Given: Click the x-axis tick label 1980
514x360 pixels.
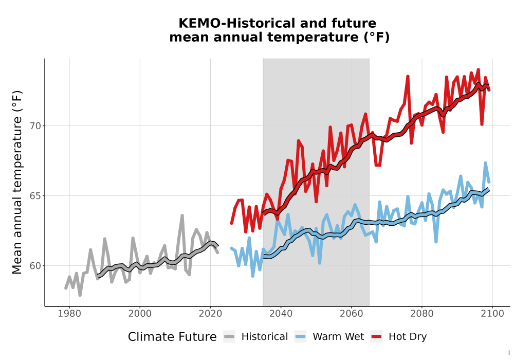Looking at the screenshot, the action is pos(69,314).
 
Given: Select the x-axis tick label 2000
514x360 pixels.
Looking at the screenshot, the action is pos(140,314).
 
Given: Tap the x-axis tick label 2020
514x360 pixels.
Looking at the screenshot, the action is pos(210,314).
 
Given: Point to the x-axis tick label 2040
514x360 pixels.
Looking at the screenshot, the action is pos(281,314).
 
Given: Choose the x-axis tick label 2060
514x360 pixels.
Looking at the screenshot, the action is pos(352,314).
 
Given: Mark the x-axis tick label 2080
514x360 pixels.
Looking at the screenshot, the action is pos(422,314).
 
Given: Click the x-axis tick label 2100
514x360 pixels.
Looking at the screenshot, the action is pos(492,314).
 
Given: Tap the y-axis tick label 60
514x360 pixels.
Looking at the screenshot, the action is pos(35,265).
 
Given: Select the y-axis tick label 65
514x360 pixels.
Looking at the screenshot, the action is pos(35,196).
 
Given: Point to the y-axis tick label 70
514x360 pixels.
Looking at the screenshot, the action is pos(35,126).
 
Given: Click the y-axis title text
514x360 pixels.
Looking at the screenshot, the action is pos(17,182).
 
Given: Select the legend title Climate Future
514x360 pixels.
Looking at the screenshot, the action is pos(172,337).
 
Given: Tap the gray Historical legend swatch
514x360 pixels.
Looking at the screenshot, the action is pos(229,337).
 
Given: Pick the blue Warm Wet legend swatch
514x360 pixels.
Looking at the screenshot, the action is pos(300,337).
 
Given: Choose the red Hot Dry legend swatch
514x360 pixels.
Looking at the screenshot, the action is pos(377,337).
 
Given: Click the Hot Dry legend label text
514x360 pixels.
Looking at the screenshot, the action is pos(408,337).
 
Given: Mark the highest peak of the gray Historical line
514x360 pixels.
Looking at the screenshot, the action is pos(182,215).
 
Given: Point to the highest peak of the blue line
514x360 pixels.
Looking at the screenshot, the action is pos(485,163).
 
